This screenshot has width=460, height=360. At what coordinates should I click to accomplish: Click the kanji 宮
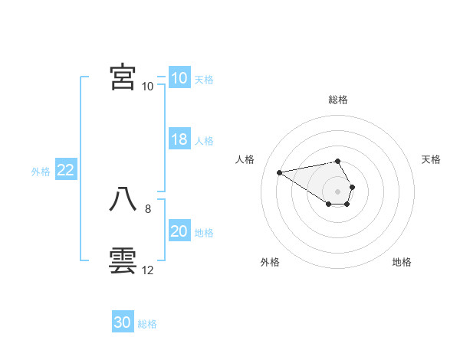tap(123, 77)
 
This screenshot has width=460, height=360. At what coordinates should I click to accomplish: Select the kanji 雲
tap(123, 261)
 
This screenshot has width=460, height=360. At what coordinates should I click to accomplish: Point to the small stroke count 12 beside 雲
tap(148, 270)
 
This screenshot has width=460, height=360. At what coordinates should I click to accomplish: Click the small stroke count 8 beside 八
tap(148, 208)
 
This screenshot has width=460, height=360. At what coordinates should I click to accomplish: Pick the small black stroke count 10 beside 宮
tap(147, 87)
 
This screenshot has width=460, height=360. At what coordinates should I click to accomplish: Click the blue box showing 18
tap(179, 139)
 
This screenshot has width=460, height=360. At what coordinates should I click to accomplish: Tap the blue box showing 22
tap(66, 171)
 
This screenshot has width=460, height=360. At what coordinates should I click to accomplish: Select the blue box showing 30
tap(123, 322)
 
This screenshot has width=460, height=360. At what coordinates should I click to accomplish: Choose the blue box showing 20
tap(179, 231)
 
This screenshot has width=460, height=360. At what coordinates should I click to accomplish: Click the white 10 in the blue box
tap(179, 78)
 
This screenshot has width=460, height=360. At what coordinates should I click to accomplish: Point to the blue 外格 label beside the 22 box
tap(41, 172)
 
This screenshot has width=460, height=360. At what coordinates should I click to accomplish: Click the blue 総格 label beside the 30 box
tap(147, 324)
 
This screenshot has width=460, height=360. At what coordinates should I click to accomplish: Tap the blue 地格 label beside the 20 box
tap(205, 232)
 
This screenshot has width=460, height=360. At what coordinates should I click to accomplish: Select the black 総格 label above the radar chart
tap(338, 100)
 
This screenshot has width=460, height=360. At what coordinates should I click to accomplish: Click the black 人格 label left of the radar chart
tap(245, 159)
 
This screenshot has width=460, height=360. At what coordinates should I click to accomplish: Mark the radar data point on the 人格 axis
tap(279, 172)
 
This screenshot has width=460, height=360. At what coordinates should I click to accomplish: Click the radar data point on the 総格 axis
tap(337, 161)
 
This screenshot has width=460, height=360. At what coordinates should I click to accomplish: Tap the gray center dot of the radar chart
tap(337, 191)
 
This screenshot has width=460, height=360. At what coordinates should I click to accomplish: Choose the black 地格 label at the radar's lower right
tap(402, 262)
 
